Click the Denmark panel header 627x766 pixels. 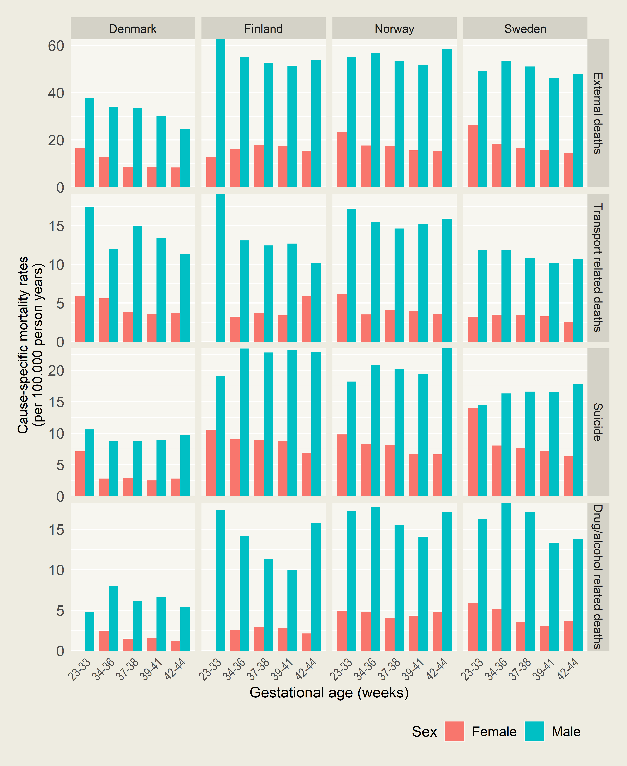(133, 29)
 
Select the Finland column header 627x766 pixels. (263, 29)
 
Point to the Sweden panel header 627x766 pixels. (525, 29)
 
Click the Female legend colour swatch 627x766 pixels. (454, 732)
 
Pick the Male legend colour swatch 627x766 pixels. (534, 732)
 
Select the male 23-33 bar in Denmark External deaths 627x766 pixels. (90, 143)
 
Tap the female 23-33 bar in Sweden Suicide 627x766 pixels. (473, 452)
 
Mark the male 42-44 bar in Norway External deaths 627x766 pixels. (447, 118)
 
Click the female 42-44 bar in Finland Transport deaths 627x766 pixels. (306, 319)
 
